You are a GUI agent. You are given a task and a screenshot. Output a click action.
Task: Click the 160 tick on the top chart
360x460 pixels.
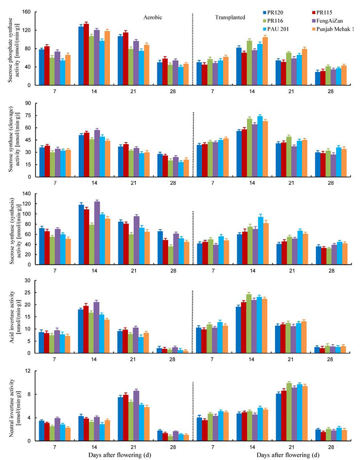click(x=27, y=12)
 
